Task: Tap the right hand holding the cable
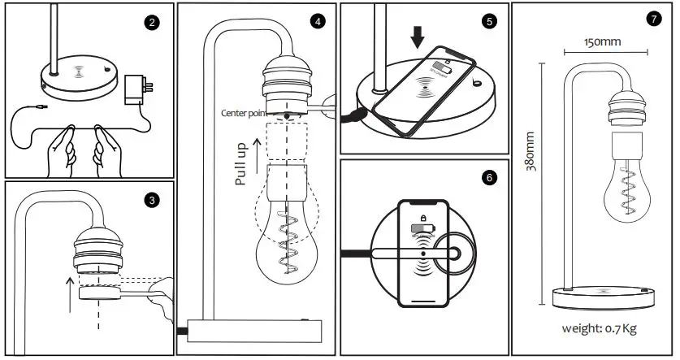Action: tap(107, 150)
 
